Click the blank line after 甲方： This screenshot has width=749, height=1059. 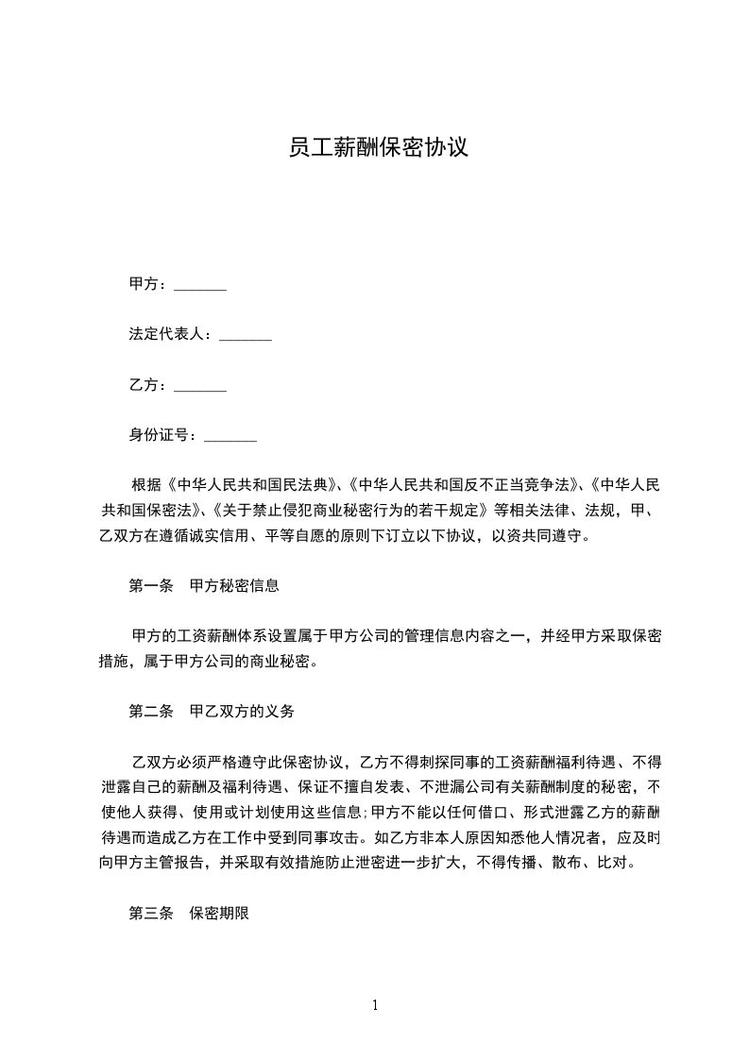point(200,285)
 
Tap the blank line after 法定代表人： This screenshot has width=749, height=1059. point(246,335)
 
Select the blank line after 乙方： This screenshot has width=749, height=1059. point(200,385)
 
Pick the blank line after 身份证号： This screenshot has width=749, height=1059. point(230,436)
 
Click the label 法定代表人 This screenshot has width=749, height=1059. point(169,335)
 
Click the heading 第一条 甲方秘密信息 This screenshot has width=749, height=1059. point(204,585)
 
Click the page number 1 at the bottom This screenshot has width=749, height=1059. point(375,1005)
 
